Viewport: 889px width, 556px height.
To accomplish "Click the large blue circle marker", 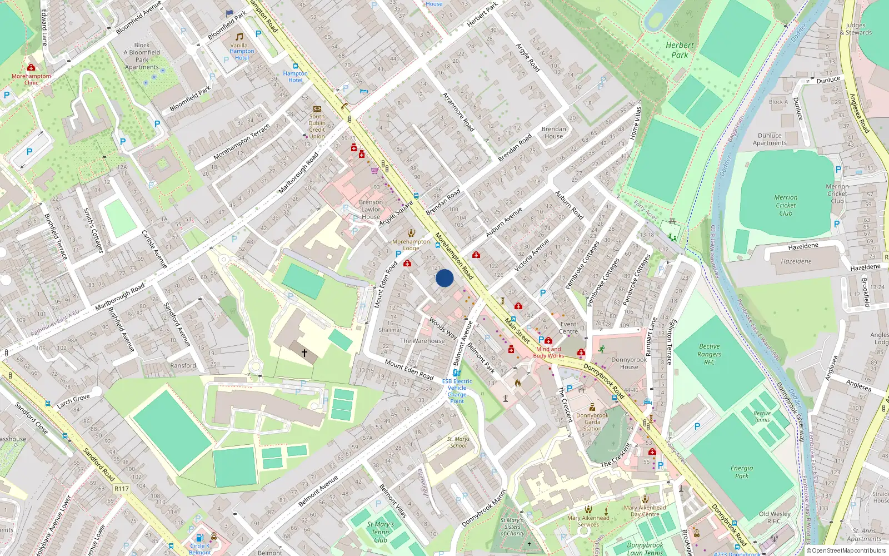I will pos(444,278).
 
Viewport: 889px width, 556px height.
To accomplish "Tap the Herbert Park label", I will pos(680,50).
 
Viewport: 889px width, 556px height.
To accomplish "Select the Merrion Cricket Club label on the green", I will pos(786,205).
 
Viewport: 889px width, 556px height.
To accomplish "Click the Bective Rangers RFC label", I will pos(710,354).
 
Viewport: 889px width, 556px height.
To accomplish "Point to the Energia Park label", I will pos(742,472).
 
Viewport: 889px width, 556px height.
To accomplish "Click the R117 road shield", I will pos(122,489).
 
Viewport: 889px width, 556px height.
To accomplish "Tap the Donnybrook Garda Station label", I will pos(592,422).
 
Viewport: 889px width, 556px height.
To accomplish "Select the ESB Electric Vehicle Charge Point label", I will pos(457,391).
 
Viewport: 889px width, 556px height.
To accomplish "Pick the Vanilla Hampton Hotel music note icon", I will pos(239,37).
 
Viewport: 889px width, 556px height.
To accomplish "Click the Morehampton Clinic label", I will pos(31,80).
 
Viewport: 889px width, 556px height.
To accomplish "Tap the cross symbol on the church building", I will pos(304,353).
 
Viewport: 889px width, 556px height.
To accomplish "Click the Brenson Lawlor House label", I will pos(371,210).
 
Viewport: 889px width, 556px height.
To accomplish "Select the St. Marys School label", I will pos(458,442).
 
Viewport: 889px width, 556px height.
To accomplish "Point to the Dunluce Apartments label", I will pos(770,139).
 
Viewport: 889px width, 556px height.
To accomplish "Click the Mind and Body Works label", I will pos(548,353).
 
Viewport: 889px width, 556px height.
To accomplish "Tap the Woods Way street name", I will pos(443,328).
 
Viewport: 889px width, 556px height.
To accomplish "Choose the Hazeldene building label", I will pos(796,261).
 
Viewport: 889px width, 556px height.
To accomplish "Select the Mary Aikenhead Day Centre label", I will pos(645,511).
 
